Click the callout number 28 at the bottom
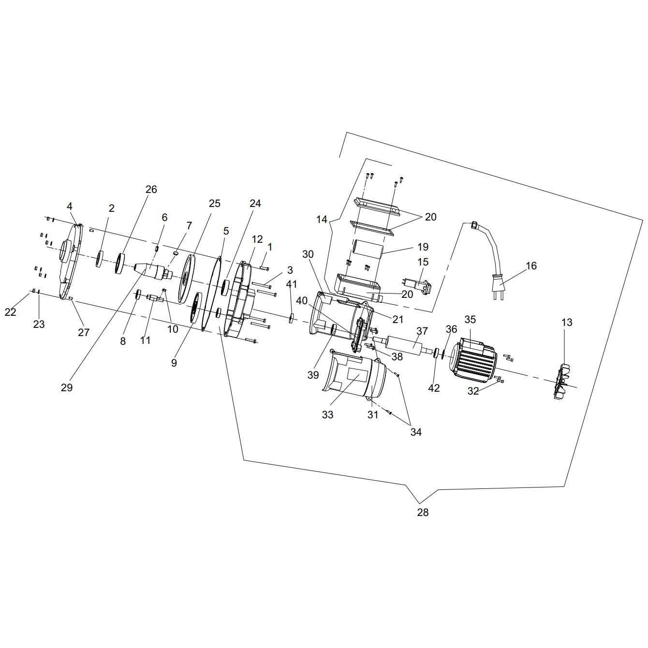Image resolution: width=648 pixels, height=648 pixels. click(423, 512)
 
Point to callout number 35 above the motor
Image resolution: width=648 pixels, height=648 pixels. click(471, 319)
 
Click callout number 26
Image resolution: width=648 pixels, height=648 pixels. click(151, 189)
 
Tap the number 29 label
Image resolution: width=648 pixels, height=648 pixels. click(67, 387)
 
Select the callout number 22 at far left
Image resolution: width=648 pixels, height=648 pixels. click(11, 312)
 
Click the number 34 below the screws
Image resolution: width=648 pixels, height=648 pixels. click(416, 432)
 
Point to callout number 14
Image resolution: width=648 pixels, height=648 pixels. click(322, 219)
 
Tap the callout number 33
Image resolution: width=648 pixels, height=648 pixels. click(328, 414)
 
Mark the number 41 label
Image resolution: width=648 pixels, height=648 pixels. click(292, 284)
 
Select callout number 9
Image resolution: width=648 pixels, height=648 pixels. click(174, 362)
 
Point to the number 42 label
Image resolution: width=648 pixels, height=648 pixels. click(434, 387)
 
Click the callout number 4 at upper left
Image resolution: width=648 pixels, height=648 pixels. click(70, 206)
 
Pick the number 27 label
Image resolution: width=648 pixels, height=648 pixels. click(84, 332)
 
